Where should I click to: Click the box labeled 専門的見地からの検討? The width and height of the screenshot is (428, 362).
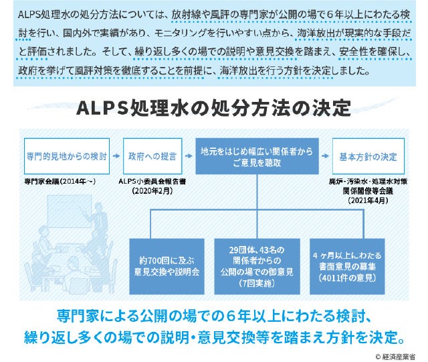point(66,156)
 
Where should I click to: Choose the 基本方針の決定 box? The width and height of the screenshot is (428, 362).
point(367,156)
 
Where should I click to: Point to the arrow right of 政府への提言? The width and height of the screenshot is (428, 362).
point(187,156)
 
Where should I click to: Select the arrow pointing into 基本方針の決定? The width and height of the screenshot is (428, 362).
point(326,156)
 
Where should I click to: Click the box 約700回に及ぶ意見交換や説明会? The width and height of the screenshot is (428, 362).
point(166,266)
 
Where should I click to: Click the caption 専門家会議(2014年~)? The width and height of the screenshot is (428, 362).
point(56,182)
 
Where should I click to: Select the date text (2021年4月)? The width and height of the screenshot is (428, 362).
point(367,200)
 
